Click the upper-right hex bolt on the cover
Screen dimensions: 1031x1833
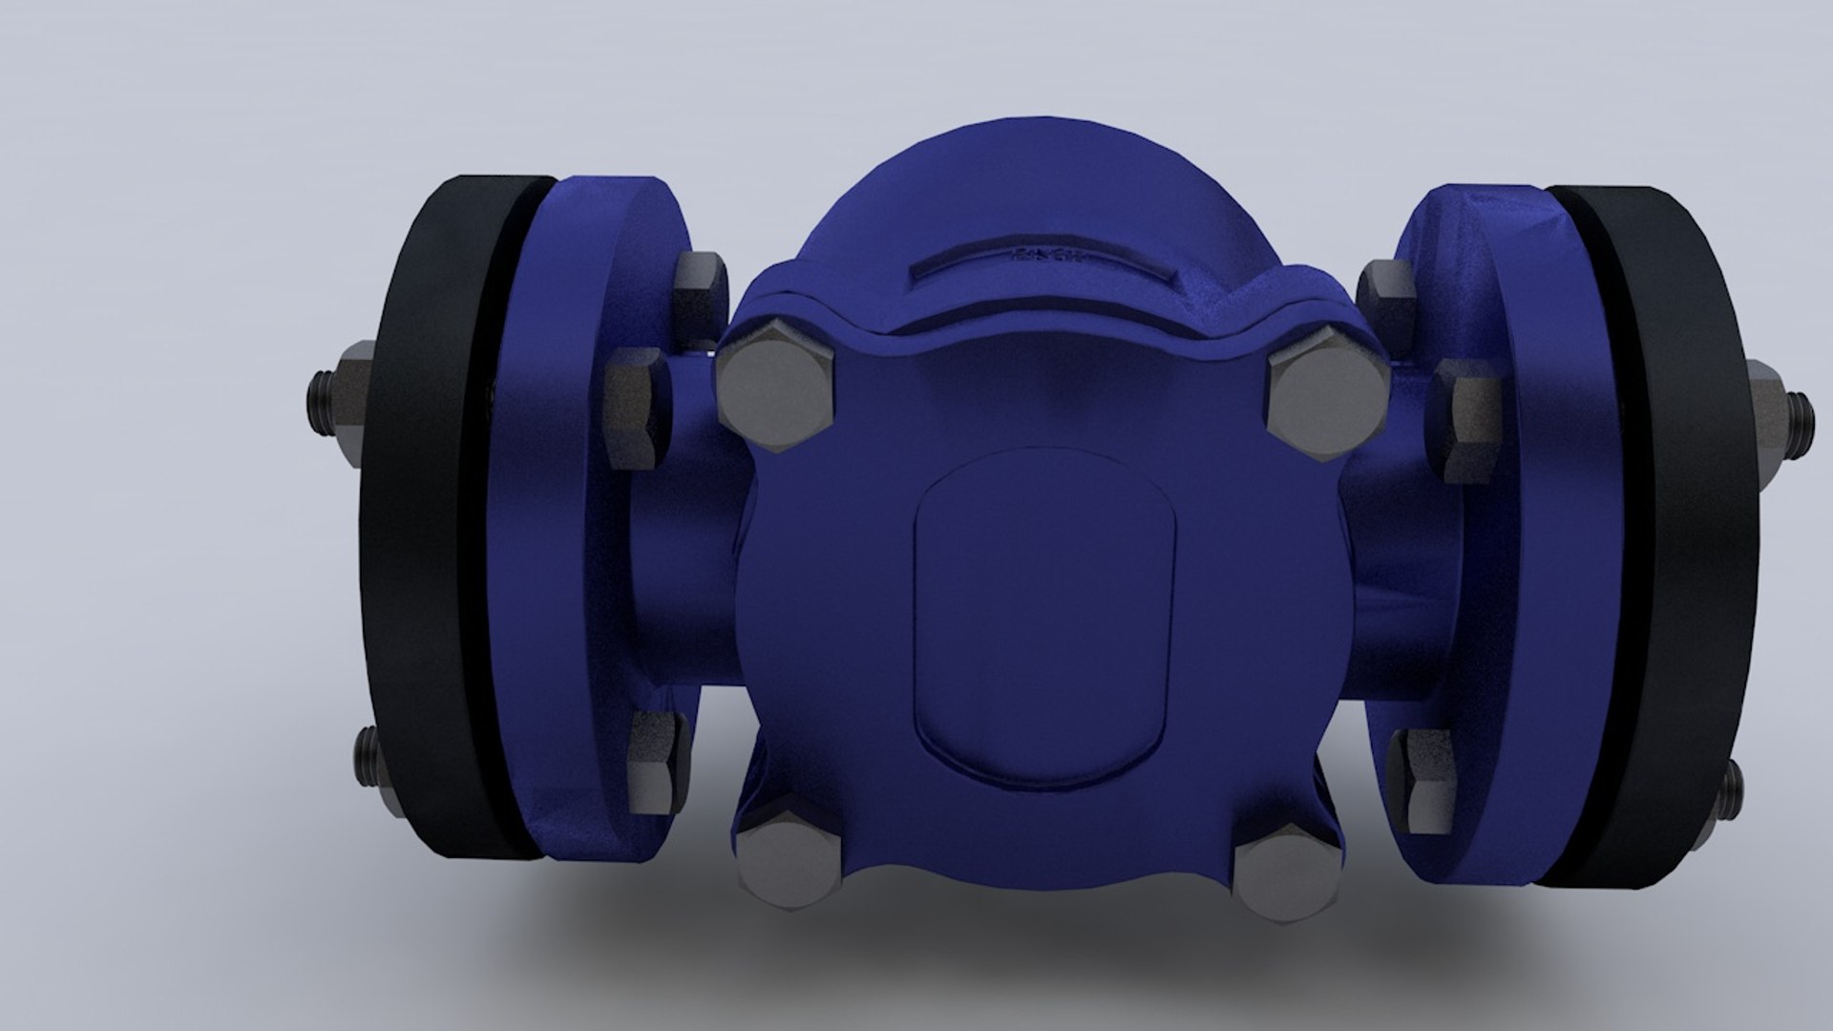(x=1327, y=391)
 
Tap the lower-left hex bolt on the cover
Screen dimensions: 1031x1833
(x=788, y=864)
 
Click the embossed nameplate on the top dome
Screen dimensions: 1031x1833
(x=1041, y=261)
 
